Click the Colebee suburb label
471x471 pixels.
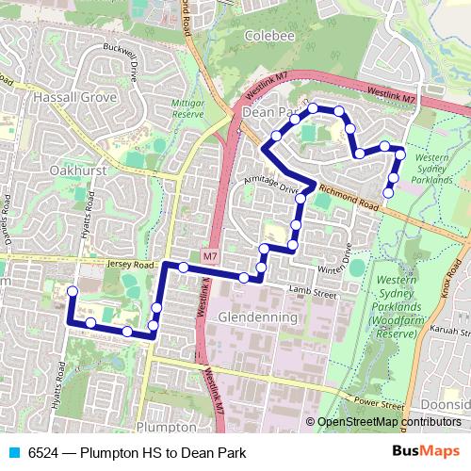pyautogui.click(x=269, y=36)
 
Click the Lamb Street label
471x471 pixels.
pyautogui.click(x=312, y=294)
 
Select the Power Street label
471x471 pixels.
pyautogui.click(x=377, y=403)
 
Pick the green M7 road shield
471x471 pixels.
pyautogui.click(x=209, y=255)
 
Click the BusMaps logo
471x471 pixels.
pyautogui.click(x=434, y=452)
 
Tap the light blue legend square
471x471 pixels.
pyautogui.click(x=15, y=453)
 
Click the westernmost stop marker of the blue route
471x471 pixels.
pyautogui.click(x=71, y=292)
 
